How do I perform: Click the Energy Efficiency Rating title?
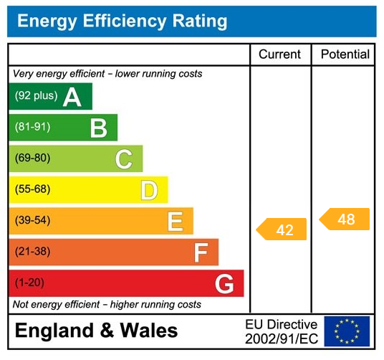122,21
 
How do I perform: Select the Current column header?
279,55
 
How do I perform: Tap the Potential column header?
345,55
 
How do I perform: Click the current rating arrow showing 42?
282,229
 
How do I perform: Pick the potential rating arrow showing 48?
345,219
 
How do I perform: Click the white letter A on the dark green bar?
72,97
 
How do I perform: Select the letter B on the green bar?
98,128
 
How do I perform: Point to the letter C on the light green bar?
123,159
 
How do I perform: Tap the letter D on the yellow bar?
148,190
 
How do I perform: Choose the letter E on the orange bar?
175,222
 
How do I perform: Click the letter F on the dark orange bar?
201,252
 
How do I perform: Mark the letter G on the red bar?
224,284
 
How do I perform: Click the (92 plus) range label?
36,96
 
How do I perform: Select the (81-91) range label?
32,127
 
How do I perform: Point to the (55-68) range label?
32,189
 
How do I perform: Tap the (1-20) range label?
29,283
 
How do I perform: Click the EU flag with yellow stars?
347,331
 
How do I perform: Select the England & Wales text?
96,331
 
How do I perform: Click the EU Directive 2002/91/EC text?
281,331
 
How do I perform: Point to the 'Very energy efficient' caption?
107,74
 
